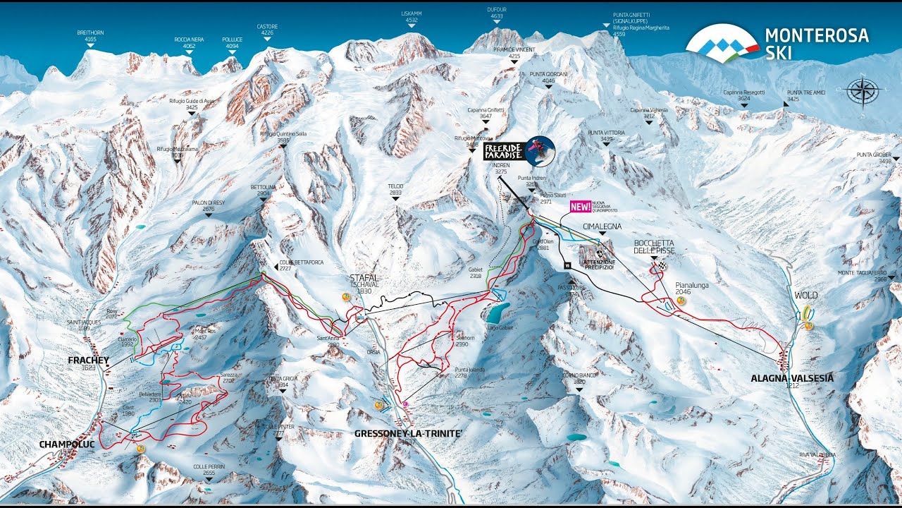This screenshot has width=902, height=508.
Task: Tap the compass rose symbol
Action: click(862, 91)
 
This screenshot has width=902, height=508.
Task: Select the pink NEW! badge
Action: click(580, 207)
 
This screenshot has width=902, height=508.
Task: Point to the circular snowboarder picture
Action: click(540, 150)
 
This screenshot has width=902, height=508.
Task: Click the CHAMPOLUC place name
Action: click(67, 444)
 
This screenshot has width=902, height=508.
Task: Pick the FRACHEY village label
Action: click(88, 361)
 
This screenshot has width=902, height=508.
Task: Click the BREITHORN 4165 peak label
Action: click(90, 36)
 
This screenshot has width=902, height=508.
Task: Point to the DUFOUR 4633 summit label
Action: click(497, 13)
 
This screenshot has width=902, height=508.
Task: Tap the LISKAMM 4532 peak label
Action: click(412, 17)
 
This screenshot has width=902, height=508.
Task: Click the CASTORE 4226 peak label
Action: click(267, 29)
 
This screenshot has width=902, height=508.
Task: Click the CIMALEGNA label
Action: click(603, 226)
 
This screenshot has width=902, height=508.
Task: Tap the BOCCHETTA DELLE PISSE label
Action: click(655, 246)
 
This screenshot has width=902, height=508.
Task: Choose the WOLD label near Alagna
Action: click(806, 295)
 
